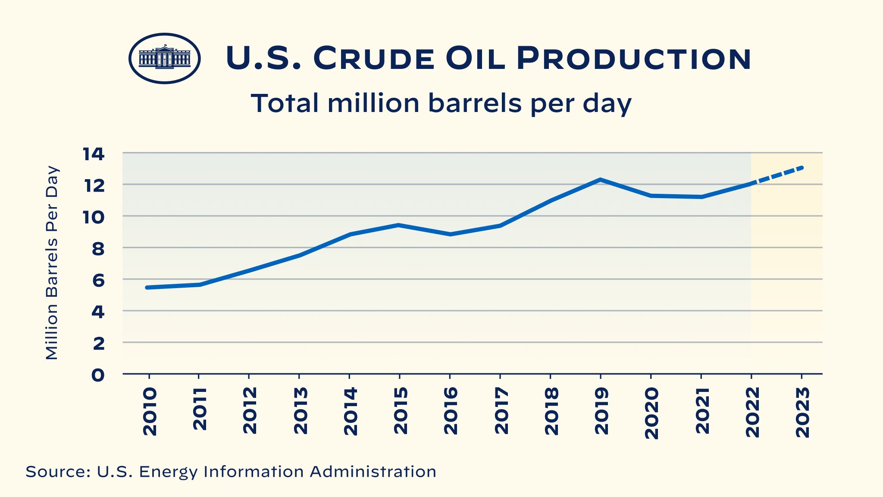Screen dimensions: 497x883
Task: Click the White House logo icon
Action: click(164, 58)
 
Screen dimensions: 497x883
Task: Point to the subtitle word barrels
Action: click(475, 103)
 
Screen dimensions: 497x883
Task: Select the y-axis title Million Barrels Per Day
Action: click(52, 263)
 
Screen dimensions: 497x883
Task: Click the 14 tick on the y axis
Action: click(94, 154)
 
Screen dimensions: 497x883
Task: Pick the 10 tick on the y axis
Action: click(94, 217)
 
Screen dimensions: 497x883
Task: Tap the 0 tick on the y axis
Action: click(98, 375)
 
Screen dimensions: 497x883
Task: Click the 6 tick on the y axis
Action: click(98, 280)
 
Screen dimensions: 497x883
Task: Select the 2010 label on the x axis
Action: click(150, 411)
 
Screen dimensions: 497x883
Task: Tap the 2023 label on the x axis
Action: click(802, 412)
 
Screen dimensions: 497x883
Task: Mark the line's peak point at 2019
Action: click(600, 180)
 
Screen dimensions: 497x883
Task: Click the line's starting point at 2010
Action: click(147, 287)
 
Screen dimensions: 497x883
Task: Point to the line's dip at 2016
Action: click(450, 234)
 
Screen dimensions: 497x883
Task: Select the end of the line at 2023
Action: click(801, 168)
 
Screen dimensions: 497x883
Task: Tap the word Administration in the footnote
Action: click(373, 472)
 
